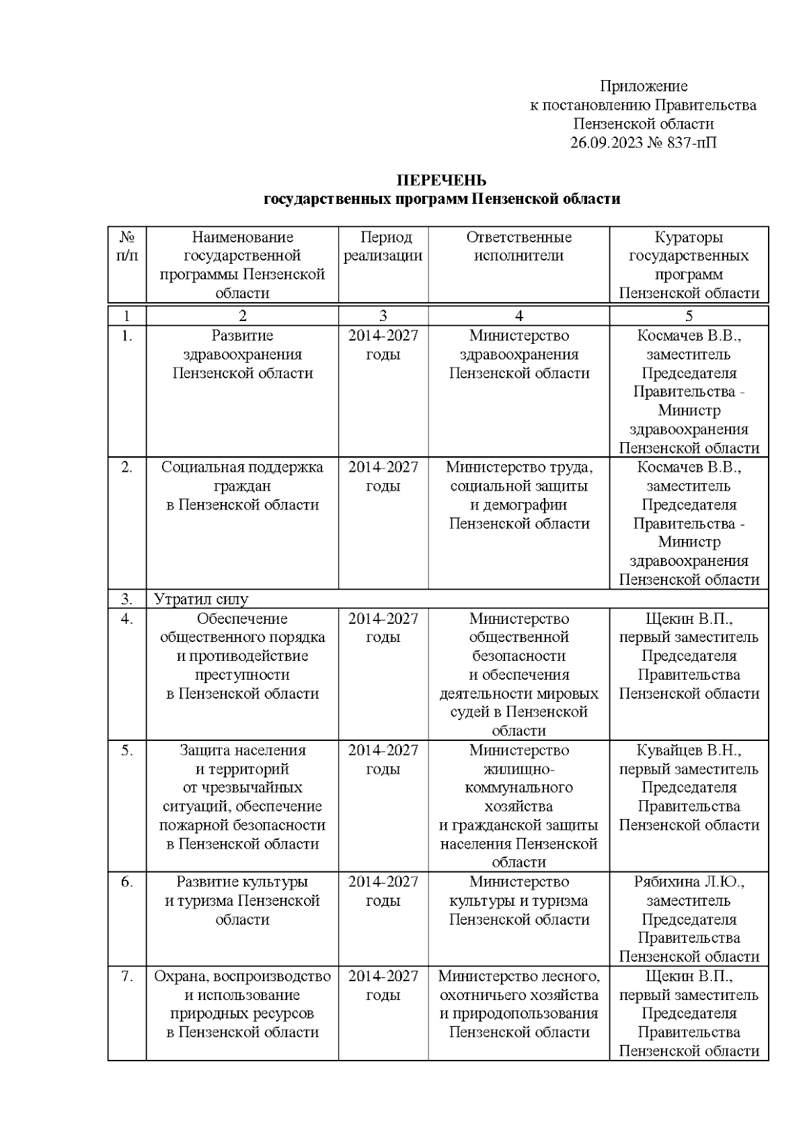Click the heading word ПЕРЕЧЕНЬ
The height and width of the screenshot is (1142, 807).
click(x=441, y=180)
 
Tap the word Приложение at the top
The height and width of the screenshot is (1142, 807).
click(x=644, y=86)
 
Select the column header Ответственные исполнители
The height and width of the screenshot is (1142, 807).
click(x=518, y=246)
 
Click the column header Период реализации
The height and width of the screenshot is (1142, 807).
click(x=383, y=246)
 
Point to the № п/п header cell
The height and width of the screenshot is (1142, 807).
click(x=127, y=246)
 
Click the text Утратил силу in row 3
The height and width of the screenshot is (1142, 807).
click(x=201, y=599)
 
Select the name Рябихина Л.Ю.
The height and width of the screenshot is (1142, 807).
click(x=689, y=882)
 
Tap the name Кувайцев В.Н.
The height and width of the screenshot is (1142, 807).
click(x=689, y=750)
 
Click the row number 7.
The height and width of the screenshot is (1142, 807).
click(x=127, y=976)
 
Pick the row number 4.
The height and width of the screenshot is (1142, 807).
click(x=127, y=618)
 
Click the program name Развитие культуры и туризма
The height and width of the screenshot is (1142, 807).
click(x=242, y=900)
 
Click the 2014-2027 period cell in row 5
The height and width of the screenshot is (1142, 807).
click(x=383, y=760)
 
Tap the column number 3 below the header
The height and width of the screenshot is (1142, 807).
click(x=383, y=316)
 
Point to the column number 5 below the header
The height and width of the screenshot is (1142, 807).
click(x=689, y=316)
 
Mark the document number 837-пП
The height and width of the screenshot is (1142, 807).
click(x=693, y=143)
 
